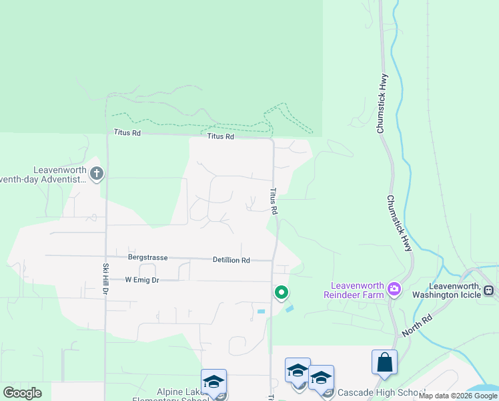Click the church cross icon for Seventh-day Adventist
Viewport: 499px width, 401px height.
point(97,174)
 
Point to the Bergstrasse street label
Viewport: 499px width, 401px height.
point(147,257)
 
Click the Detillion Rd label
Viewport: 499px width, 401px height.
point(231,260)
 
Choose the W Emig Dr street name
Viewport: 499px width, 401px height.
point(141,280)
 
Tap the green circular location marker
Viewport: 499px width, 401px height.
point(282,291)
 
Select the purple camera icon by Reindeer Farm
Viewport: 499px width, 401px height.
point(395,289)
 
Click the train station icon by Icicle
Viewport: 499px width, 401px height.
point(489,290)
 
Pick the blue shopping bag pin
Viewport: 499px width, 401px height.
point(385,363)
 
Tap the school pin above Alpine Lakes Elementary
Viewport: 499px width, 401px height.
point(213,382)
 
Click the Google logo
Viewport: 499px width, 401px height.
point(23,393)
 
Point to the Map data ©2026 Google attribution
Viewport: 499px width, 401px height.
point(457,396)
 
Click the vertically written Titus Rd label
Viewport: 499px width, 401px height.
point(274,200)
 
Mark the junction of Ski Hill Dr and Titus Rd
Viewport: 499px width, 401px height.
point(105,133)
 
